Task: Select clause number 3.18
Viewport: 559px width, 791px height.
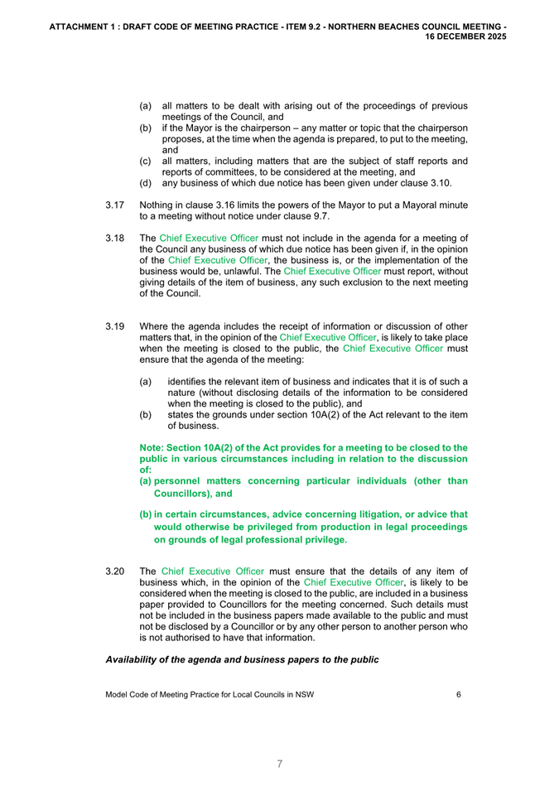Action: pos(115,238)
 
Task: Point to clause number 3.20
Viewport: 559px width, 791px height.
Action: pos(115,571)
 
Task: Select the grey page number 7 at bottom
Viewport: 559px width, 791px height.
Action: pos(279,764)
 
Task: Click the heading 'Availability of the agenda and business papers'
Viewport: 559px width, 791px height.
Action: pos(242,660)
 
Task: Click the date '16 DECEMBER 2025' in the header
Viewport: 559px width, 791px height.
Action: pos(466,37)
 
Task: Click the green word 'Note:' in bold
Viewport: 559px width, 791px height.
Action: pos(154,447)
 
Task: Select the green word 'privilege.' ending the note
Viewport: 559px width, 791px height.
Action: pos(322,539)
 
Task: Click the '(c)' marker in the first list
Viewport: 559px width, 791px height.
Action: pos(145,160)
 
